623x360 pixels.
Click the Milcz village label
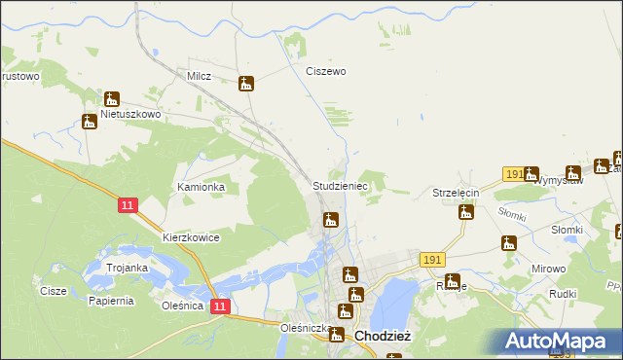[200, 75]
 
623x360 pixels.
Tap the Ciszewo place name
[326, 71]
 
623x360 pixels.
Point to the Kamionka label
[201, 186]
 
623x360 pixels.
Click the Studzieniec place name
[339, 185]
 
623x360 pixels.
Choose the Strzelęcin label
[457, 194]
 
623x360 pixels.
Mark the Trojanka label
[127, 268]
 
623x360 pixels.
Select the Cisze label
[53, 290]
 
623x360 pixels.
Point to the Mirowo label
[549, 267]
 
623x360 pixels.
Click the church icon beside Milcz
[247, 84]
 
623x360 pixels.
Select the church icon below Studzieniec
[331, 220]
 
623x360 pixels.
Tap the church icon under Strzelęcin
[466, 213]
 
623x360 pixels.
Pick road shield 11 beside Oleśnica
[221, 306]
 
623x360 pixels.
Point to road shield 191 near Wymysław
[515, 173]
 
